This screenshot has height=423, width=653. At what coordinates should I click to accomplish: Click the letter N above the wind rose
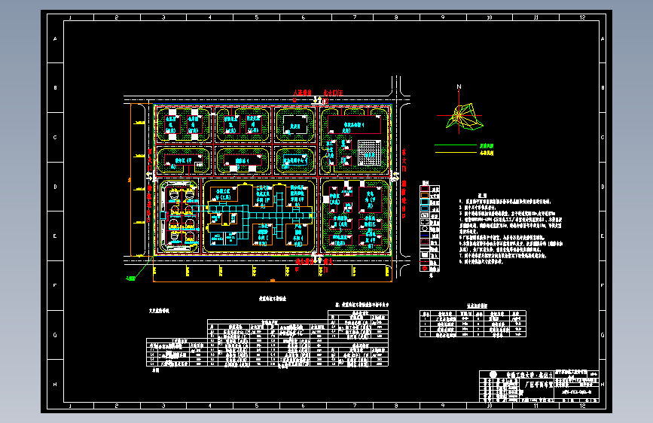(458, 87)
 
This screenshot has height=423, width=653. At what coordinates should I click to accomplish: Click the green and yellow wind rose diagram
(463, 115)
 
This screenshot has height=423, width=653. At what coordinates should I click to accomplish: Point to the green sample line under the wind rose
(456, 145)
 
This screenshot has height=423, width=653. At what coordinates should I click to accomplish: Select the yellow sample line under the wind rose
(456, 153)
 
